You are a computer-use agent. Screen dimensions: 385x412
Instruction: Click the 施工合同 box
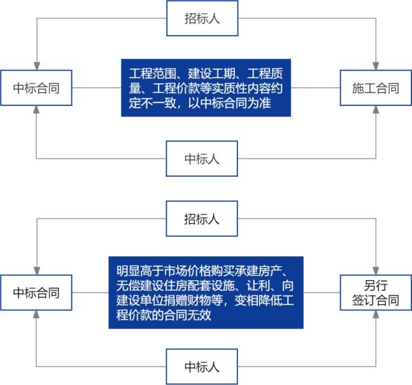point(376,88)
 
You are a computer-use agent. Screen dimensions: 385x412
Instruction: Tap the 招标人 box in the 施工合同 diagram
point(202,18)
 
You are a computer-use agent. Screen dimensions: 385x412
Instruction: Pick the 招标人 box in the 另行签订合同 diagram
point(202,219)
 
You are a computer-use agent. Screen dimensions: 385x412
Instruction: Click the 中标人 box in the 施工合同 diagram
point(202,158)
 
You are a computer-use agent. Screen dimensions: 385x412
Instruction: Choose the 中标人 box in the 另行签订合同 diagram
point(202,367)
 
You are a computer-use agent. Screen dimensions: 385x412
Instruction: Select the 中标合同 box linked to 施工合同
point(36,88)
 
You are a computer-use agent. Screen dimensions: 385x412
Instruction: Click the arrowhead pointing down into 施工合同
point(376,65)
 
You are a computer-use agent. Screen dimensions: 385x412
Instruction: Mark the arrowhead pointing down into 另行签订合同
point(376,270)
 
